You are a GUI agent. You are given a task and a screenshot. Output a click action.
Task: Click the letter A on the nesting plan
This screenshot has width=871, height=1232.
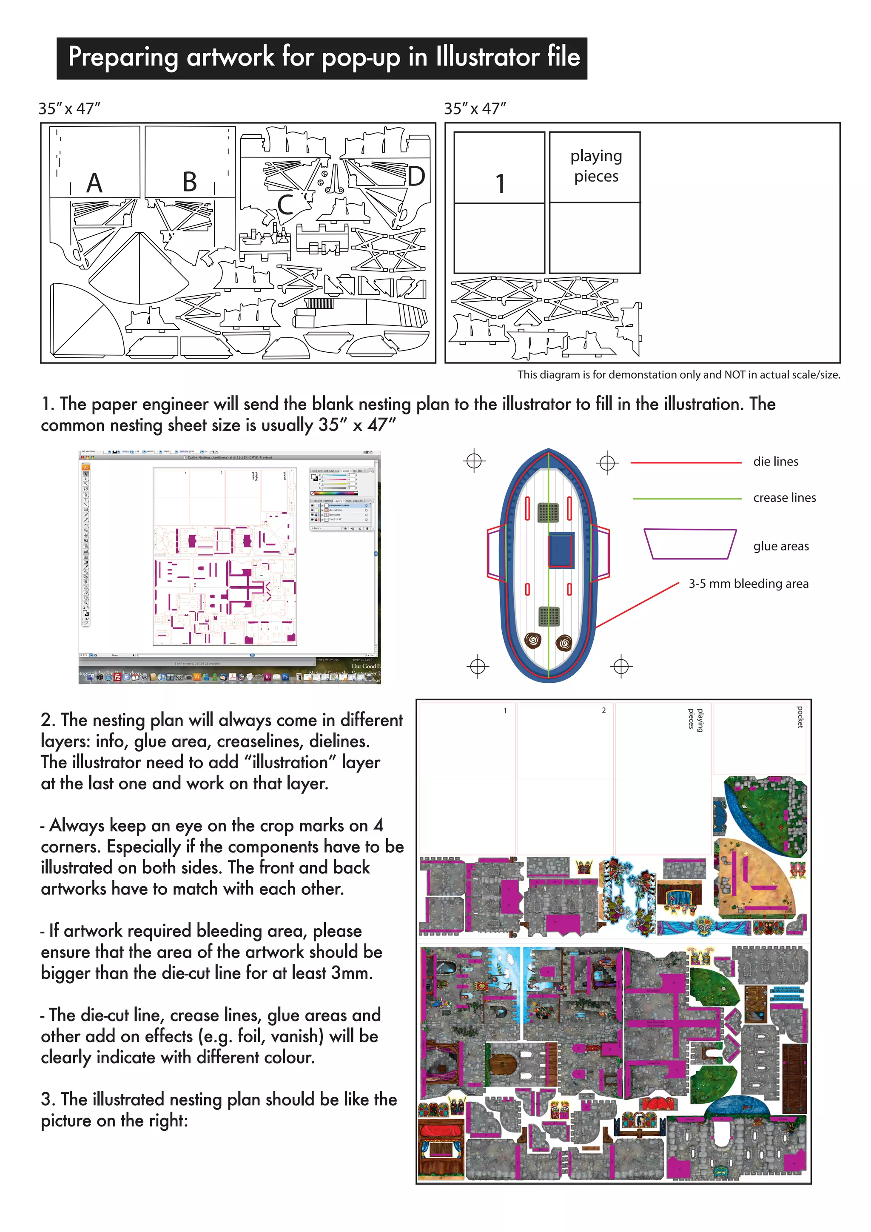[94, 183]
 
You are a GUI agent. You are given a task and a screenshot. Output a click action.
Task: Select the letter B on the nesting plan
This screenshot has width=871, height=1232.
[189, 182]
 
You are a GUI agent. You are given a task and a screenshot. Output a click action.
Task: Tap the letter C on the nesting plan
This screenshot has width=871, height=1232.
[285, 205]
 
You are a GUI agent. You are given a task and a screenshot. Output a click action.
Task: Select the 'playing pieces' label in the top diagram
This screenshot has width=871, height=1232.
[596, 166]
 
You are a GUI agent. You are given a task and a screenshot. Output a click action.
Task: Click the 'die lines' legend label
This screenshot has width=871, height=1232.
[776, 462]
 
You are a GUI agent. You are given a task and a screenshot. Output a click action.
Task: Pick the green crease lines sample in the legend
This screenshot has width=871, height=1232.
[686, 499]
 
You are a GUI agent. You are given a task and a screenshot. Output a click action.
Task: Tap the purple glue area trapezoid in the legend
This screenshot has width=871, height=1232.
[690, 544]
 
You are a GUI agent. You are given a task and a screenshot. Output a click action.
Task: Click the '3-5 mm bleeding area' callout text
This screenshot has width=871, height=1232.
[748, 584]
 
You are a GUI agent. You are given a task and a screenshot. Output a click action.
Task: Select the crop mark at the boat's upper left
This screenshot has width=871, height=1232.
[474, 460]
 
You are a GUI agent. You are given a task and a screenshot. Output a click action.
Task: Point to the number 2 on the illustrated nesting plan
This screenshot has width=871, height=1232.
[603, 710]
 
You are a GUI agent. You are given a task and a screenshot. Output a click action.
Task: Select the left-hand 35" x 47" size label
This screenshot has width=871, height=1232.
[69, 108]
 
